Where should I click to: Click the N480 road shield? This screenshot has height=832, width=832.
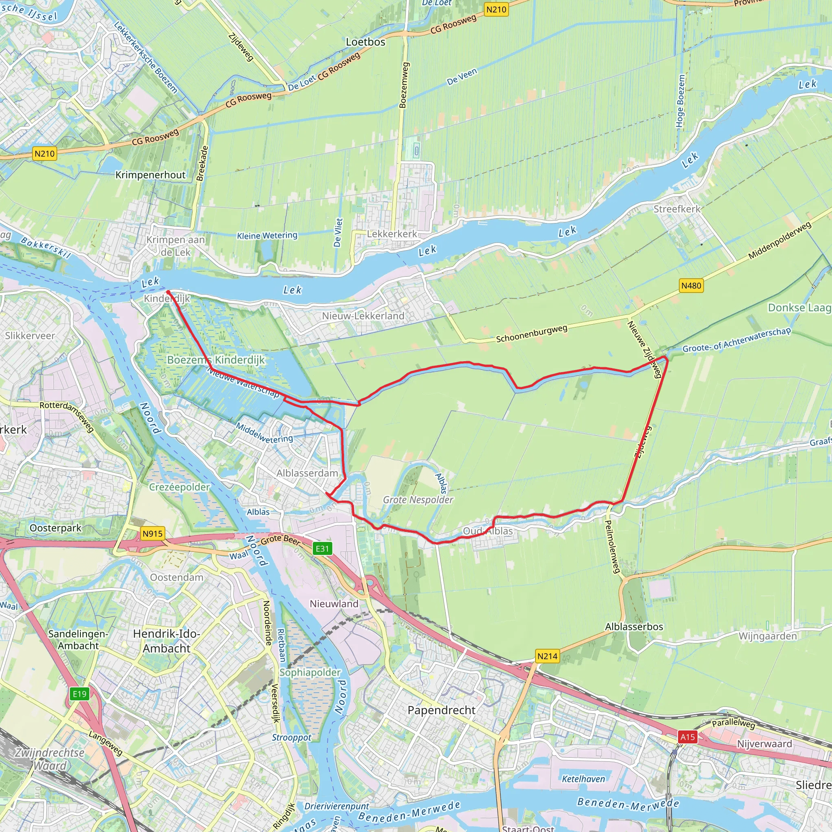pyautogui.click(x=691, y=286)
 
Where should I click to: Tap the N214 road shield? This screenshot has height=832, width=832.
pyautogui.click(x=547, y=656)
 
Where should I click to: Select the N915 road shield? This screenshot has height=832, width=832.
pyautogui.click(x=152, y=533)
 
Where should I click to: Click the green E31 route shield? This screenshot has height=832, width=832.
pyautogui.click(x=322, y=548)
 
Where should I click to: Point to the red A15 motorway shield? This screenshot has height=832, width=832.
pyautogui.click(x=687, y=737)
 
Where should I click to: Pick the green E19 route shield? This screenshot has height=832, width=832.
pyautogui.click(x=80, y=694)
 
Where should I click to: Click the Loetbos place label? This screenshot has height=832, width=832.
pyautogui.click(x=366, y=42)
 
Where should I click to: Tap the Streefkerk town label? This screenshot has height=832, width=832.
pyautogui.click(x=677, y=209)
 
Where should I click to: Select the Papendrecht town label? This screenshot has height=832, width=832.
pyautogui.click(x=442, y=710)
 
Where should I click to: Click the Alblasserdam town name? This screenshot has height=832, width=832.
pyautogui.click(x=307, y=473)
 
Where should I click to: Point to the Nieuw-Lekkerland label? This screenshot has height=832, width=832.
pyautogui.click(x=363, y=316)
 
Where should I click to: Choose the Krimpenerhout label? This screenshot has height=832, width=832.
pyautogui.click(x=150, y=175)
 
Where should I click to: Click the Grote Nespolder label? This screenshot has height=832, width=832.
pyautogui.click(x=418, y=500)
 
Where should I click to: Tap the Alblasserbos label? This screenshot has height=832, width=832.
pyautogui.click(x=634, y=626)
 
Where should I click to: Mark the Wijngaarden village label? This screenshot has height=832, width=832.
pyautogui.click(x=767, y=636)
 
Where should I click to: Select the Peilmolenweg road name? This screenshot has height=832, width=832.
pyautogui.click(x=612, y=546)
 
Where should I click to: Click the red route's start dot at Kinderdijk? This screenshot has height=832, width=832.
pyautogui.click(x=168, y=292)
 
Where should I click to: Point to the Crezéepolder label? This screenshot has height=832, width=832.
pyautogui.click(x=179, y=487)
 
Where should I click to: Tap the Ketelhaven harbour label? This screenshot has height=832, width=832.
pyautogui.click(x=583, y=779)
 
